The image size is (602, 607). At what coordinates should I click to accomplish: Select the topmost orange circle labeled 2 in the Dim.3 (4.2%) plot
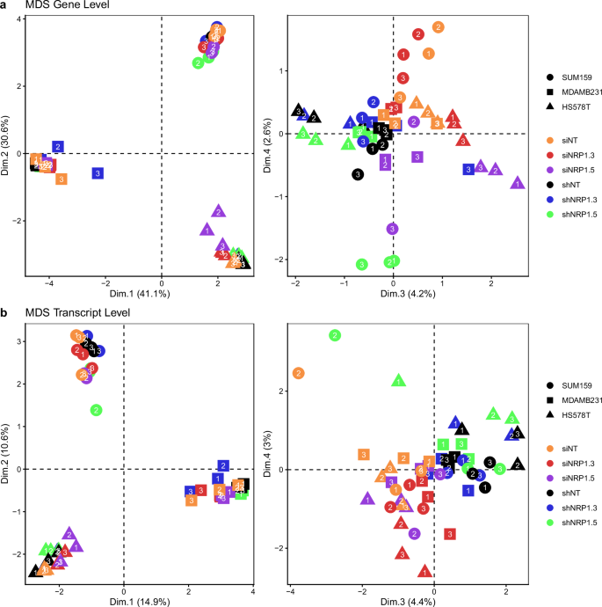pyautogui.click(x=439, y=28)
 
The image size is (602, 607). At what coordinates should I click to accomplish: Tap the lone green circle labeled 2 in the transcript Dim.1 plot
pyautogui.click(x=96, y=409)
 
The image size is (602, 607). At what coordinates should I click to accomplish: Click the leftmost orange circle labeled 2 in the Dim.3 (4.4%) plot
pyautogui.click(x=298, y=374)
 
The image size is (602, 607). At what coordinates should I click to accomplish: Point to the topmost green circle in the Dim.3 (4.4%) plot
pyautogui.click(x=334, y=335)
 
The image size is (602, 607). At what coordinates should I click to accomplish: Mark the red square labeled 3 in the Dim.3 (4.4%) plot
pyautogui.click(x=450, y=534)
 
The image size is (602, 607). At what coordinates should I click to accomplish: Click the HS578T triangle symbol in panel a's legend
pyautogui.click(x=548, y=106)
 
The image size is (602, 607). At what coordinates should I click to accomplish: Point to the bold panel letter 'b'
pyautogui.click(x=4, y=312)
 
